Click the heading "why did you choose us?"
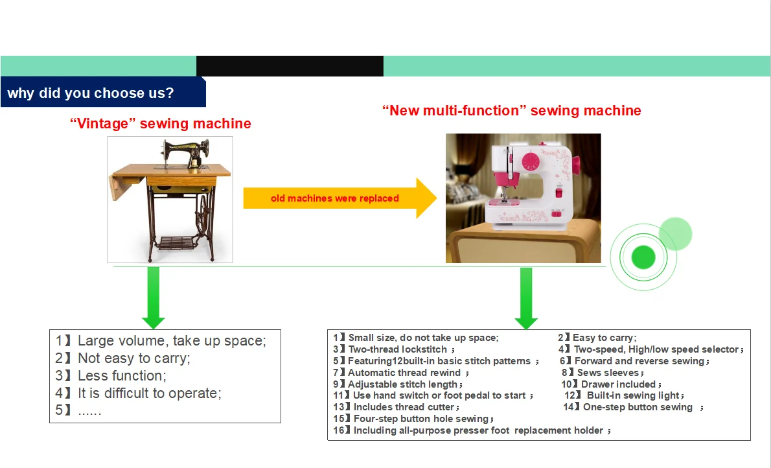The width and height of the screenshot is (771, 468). (91, 93)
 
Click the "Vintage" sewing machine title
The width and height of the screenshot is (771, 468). (160, 123)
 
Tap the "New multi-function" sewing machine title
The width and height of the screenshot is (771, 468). (511, 110)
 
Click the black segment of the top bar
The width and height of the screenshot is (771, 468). (290, 66)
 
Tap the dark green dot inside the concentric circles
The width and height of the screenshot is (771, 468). (643, 257)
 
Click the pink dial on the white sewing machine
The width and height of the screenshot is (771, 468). (531, 159)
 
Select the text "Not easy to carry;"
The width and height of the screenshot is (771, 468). (134, 358)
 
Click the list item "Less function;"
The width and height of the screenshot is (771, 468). (122, 375)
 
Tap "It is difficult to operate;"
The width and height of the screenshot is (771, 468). (150, 393)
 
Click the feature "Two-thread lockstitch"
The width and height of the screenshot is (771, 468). (398, 349)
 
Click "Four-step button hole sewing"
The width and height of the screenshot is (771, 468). (420, 419)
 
